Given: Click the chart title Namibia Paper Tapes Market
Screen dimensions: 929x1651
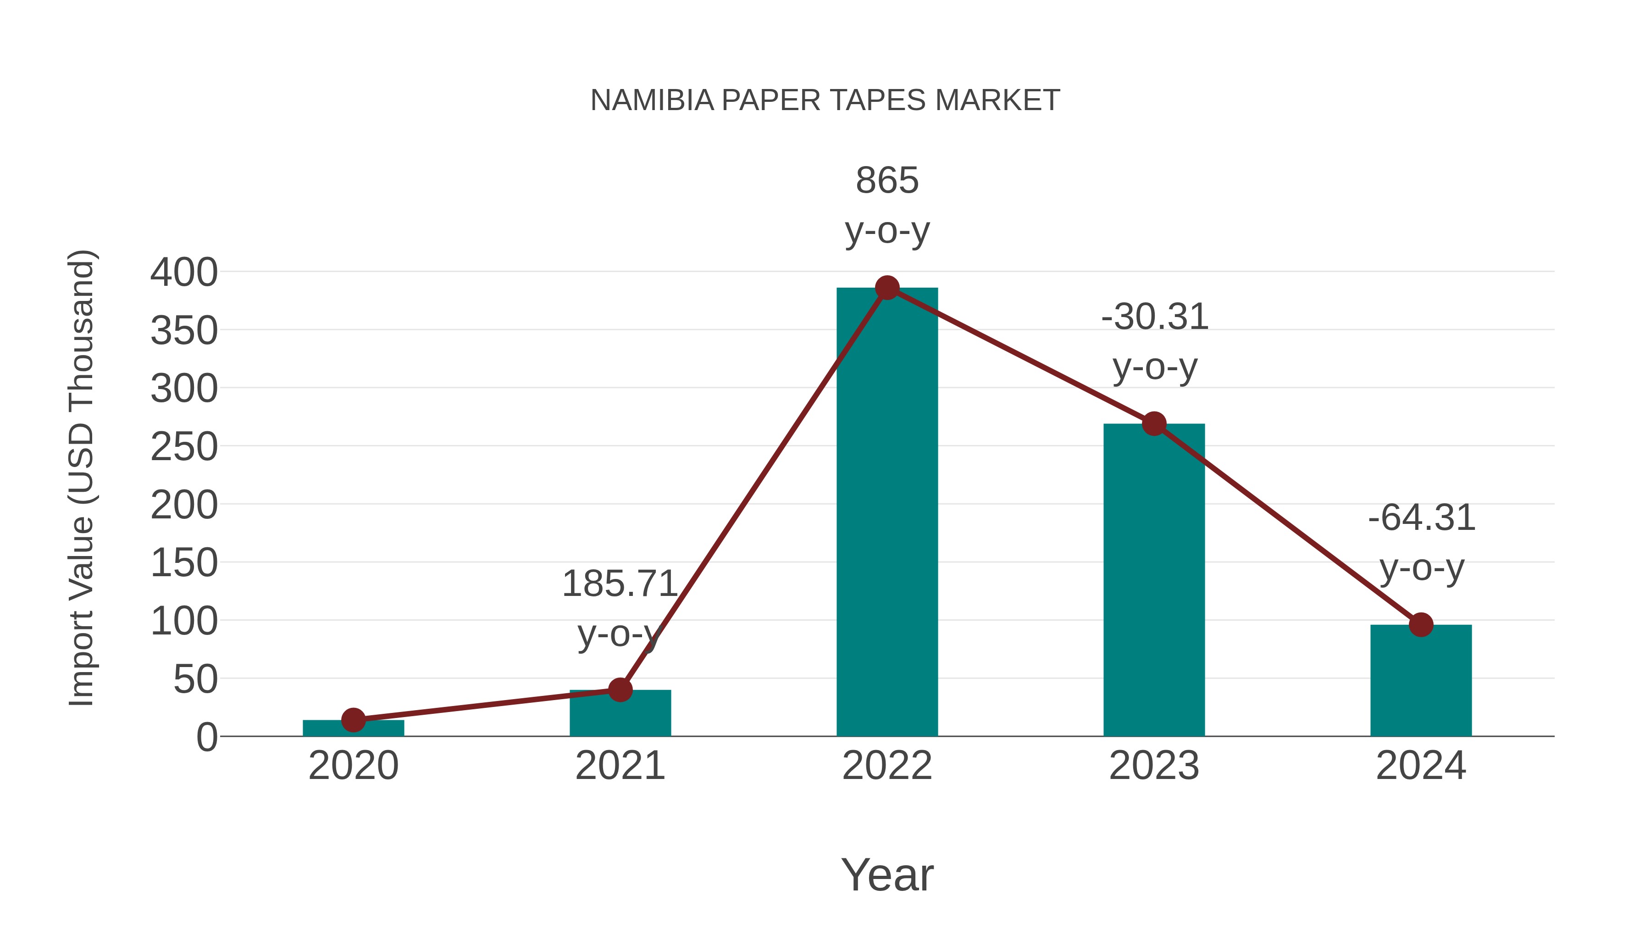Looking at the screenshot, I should [825, 100].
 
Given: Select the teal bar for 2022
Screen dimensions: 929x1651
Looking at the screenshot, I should [887, 513].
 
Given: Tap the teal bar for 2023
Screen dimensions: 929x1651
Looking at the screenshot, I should [1154, 580].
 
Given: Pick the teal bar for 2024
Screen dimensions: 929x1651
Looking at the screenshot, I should [1421, 681].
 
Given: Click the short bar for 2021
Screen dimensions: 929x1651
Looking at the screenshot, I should [620, 713].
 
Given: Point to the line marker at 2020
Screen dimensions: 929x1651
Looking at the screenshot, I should [353, 720].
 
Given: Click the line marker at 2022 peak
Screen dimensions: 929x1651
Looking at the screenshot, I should [887, 288].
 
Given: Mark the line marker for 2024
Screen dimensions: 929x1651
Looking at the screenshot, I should [1421, 624].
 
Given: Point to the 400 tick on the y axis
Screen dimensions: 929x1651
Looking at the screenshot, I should [184, 273].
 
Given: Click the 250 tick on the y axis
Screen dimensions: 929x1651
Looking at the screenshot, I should [184, 447].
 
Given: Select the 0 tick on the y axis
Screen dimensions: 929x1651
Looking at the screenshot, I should [207, 737].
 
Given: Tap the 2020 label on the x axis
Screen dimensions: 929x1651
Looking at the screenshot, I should [353, 766].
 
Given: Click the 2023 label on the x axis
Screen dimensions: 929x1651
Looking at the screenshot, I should [1154, 766].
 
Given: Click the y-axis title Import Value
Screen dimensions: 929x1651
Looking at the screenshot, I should [82, 478].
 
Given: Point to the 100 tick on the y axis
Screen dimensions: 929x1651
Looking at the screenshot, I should [184, 621].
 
